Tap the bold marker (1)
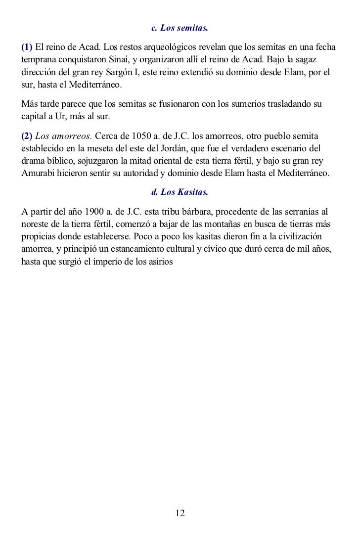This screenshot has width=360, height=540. click(27, 47)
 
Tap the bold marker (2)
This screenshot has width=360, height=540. click(27, 135)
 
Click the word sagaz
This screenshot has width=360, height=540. click(324, 60)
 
